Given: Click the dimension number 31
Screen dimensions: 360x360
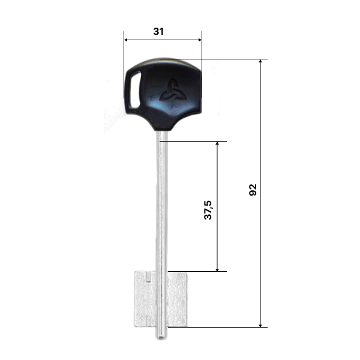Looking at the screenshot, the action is point(158,31).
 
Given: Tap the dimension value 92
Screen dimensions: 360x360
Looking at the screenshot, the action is point(253,190).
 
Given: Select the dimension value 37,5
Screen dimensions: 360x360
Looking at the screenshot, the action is point(208,210).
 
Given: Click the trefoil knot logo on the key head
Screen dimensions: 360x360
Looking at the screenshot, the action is point(173,90).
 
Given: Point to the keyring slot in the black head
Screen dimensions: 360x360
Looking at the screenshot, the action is point(135,90).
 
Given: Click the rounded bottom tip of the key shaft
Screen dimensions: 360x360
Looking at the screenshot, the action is point(161,337).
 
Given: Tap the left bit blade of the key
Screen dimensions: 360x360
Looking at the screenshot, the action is point(145,299).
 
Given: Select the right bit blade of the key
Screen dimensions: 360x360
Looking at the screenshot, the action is point(177,299).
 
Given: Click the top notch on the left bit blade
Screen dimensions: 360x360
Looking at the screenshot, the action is point(149,277).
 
